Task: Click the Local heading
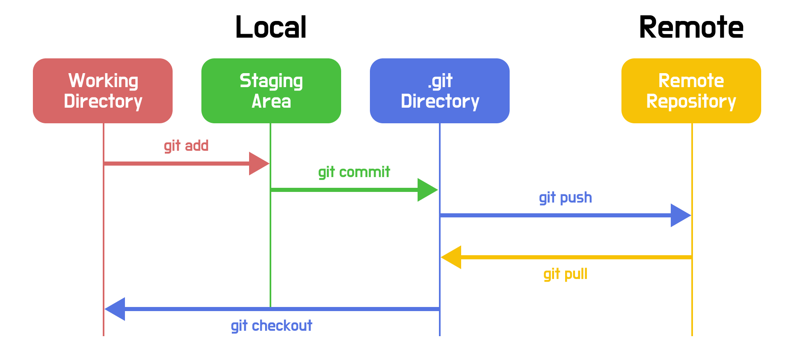271,28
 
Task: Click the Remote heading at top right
691,28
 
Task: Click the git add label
186,146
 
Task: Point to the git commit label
354,172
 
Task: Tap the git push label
565,198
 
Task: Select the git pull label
565,274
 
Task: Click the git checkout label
271,326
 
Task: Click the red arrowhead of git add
258,164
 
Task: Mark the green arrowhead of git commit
427,190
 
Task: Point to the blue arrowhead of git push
680,215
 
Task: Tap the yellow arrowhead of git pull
452,257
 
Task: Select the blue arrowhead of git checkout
115,309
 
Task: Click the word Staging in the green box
271,81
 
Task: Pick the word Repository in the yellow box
691,102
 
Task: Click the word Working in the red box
103,81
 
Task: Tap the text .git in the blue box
440,81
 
